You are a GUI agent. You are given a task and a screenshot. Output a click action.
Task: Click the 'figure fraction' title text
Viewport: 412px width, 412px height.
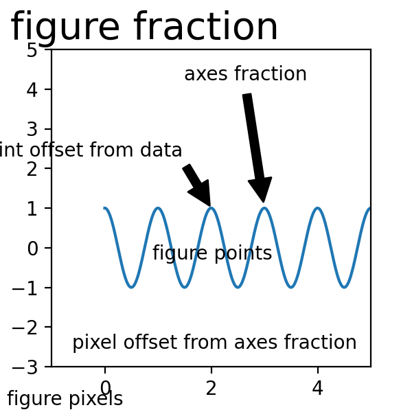(144, 27)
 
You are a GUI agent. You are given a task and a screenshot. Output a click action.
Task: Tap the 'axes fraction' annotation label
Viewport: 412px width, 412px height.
(245, 74)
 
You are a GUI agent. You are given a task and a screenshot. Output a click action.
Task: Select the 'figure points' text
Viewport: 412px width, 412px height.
(212, 253)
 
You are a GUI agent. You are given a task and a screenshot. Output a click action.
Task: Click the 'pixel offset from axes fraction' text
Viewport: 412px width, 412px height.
(214, 342)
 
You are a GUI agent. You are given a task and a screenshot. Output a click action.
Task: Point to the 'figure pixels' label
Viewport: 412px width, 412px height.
(65, 399)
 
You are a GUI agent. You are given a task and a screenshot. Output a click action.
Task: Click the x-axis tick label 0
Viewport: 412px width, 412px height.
(105, 389)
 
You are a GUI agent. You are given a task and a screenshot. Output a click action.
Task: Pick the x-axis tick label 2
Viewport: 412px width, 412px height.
(211, 389)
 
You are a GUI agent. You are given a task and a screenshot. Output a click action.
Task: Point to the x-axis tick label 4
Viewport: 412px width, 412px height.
(317, 389)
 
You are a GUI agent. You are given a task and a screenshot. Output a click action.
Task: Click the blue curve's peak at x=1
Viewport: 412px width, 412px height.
(158, 208)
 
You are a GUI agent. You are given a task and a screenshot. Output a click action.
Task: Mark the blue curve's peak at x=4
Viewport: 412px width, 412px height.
(317, 208)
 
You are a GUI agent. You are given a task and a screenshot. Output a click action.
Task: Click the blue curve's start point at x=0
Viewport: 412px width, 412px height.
(105, 208)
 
